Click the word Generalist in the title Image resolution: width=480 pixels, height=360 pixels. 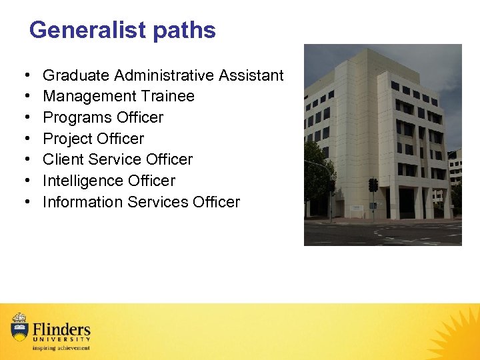click(88, 31)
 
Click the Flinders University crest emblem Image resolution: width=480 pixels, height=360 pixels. click(19, 327)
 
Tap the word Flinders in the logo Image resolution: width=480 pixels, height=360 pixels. click(61, 329)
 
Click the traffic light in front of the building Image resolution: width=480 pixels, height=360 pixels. click(373, 185)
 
